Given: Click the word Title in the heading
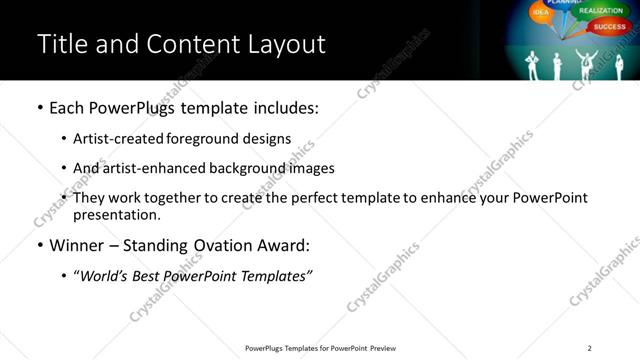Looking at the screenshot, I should pyautogui.click(x=60, y=44).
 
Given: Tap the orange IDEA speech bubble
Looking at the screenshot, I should pyautogui.click(x=541, y=13).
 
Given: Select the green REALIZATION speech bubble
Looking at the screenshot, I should pyautogui.click(x=600, y=10).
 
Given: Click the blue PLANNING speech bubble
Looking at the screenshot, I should pyautogui.click(x=565, y=3).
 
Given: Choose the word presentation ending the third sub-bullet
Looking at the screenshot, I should pyautogui.click(x=115, y=214).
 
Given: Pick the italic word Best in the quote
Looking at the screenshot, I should pyautogui.click(x=151, y=275).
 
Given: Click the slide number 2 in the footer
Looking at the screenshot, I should pyautogui.click(x=589, y=348).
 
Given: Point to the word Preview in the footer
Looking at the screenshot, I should pyautogui.click(x=384, y=348).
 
